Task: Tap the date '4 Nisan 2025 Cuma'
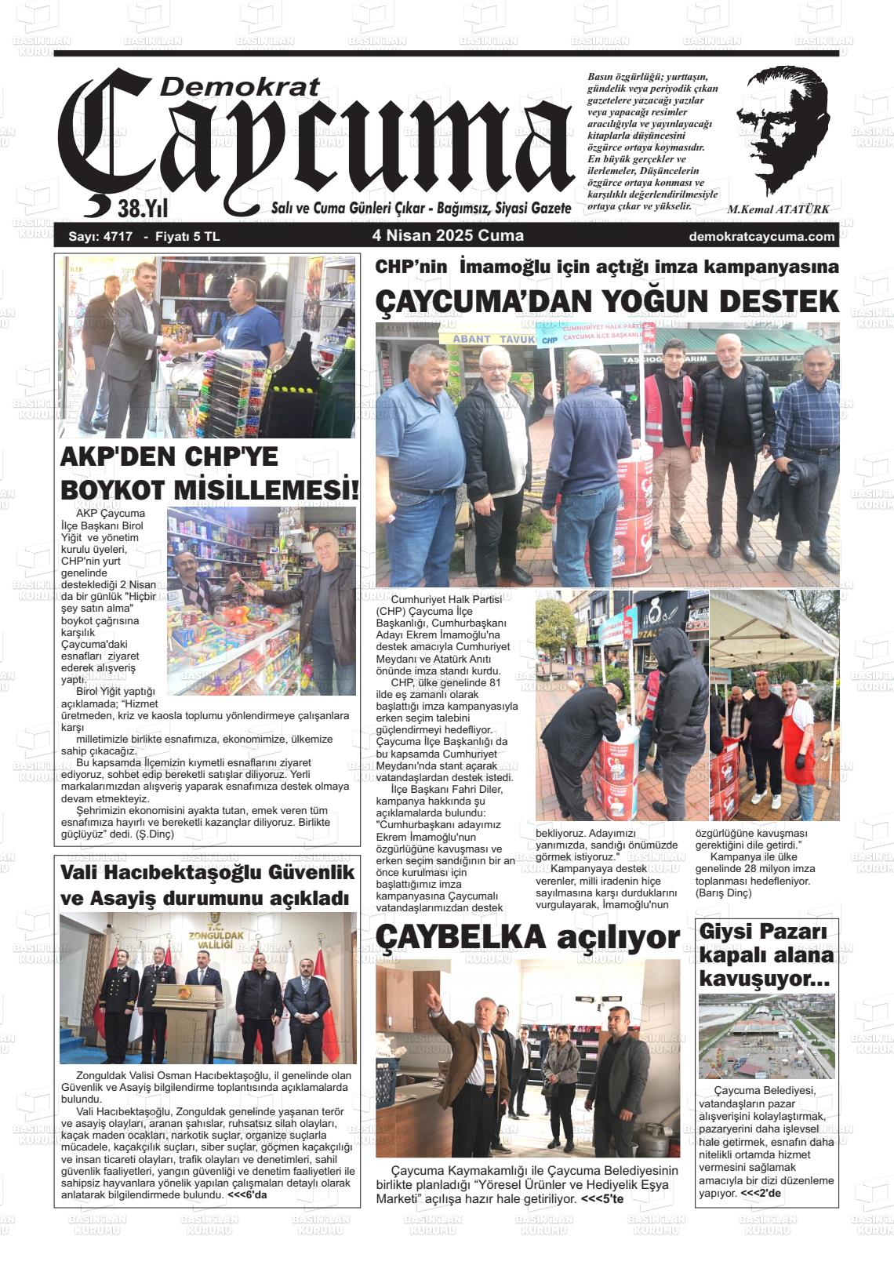[x=448, y=236]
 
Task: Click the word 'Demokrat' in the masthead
[x=240, y=87]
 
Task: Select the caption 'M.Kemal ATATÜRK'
[x=778, y=210]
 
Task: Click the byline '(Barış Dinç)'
[x=718, y=892]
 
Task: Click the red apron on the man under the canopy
[x=796, y=734]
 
